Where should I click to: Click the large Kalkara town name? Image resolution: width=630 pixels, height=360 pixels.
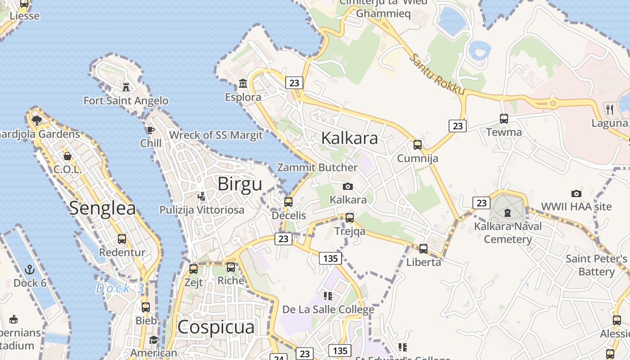(350, 138)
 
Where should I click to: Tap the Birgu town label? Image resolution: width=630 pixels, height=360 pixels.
(239, 184)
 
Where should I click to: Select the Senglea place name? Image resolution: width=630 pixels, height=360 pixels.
(103, 208)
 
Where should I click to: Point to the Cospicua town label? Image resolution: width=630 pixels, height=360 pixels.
(216, 327)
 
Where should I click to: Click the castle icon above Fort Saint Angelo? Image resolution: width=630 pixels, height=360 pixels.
(126, 86)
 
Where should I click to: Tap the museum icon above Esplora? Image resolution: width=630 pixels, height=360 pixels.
(243, 83)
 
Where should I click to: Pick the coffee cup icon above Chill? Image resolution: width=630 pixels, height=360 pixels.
(150, 130)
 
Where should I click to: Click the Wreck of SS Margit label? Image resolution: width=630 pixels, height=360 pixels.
(216, 135)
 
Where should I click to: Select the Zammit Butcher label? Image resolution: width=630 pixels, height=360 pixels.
(317, 167)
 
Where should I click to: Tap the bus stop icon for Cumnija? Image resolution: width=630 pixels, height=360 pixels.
(418, 145)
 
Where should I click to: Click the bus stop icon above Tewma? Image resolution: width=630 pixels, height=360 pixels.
(504, 119)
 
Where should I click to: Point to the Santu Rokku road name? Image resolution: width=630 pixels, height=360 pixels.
(437, 75)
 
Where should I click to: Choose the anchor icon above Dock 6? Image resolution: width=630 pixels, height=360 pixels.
(30, 270)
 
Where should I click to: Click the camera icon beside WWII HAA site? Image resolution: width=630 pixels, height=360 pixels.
(576, 193)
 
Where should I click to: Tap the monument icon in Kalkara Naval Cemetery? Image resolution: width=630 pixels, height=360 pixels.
(508, 212)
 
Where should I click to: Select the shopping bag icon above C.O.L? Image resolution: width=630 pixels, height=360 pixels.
(67, 156)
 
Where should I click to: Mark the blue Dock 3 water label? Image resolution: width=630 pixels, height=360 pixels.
(120, 288)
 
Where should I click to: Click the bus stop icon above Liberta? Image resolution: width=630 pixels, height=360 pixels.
(423, 248)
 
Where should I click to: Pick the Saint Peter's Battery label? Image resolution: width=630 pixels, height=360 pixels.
(596, 265)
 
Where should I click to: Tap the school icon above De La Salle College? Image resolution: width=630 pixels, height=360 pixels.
(328, 296)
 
